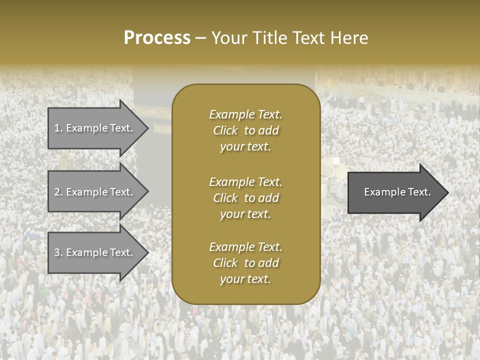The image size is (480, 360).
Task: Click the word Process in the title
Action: (157, 38)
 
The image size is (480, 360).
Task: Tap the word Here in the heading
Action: (348, 38)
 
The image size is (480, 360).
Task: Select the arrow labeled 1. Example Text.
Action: (95, 128)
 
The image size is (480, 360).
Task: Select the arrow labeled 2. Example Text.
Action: (95, 192)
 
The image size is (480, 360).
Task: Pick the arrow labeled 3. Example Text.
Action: (95, 252)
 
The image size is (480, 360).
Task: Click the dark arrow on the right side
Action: (395, 192)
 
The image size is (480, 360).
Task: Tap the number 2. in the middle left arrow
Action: (58, 192)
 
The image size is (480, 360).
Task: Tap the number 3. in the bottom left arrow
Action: (58, 252)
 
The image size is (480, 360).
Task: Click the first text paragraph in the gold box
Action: (245, 130)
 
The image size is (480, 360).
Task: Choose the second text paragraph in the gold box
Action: (245, 198)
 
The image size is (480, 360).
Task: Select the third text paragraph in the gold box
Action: (245, 263)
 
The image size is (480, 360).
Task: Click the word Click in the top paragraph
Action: (225, 130)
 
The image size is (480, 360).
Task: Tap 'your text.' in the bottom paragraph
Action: (245, 279)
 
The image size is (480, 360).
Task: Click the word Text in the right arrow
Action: (420, 192)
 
